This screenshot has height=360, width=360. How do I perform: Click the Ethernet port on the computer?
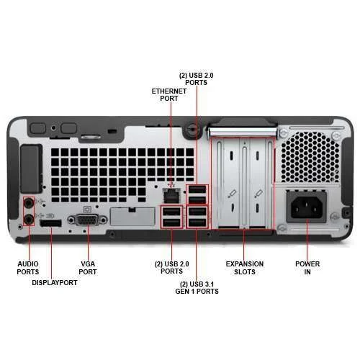point(171,196)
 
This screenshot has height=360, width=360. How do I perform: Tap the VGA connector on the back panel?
point(87,220)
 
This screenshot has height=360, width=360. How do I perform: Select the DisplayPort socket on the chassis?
point(50,223)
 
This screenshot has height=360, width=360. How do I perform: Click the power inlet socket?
point(307,207)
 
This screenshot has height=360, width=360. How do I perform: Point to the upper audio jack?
point(29,203)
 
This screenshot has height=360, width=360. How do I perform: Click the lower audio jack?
point(29,220)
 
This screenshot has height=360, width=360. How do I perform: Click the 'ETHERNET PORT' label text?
point(169,95)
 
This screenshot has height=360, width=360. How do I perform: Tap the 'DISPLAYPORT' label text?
point(55,283)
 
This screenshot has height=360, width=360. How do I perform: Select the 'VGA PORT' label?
point(88,268)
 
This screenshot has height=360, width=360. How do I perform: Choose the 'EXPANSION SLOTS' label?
point(245,268)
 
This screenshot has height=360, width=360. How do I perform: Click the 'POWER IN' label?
point(307,268)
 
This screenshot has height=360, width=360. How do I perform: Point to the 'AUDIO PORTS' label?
point(28,268)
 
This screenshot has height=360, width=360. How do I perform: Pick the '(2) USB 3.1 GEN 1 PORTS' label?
point(197,287)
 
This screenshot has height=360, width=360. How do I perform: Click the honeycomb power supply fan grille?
point(310,157)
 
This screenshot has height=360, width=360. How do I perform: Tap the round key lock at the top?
point(192,129)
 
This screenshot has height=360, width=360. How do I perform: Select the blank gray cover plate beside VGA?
point(132,217)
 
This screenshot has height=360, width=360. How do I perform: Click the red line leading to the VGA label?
point(88,242)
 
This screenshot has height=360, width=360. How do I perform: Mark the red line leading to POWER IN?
point(307,239)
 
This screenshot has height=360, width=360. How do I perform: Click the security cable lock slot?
point(112,131)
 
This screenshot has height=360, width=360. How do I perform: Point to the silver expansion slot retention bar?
point(243,132)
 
